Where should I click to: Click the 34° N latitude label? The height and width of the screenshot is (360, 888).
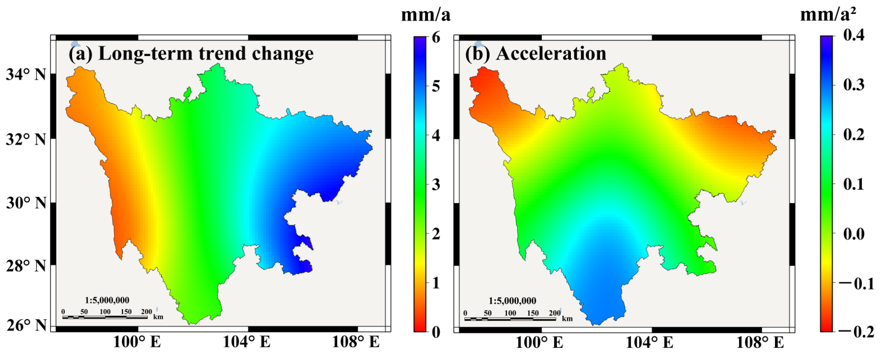pyautogui.click(x=26, y=74)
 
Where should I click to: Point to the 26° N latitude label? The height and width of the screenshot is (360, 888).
pyautogui.click(x=26, y=325)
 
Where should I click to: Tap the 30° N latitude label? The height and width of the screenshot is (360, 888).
pyautogui.click(x=26, y=203)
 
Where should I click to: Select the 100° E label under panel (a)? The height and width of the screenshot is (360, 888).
pyautogui.click(x=137, y=342)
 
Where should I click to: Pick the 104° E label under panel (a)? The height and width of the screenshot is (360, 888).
pyautogui.click(x=246, y=342)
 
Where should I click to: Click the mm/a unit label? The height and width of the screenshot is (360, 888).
pyautogui.click(x=426, y=15)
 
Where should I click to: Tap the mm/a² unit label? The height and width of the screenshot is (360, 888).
pyautogui.click(x=827, y=15)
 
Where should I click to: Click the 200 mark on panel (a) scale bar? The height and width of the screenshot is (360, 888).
pyautogui.click(x=147, y=311)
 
